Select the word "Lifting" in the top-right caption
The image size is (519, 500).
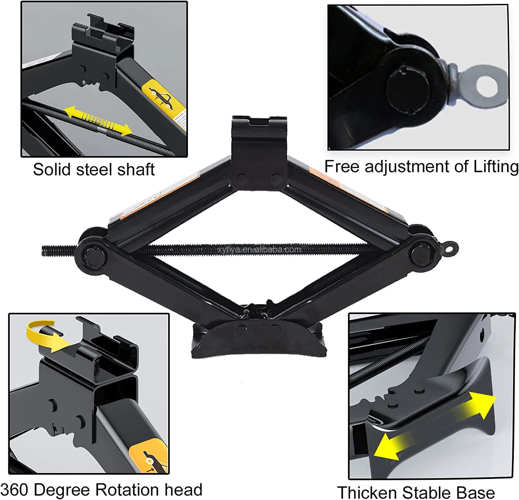pos(495,167)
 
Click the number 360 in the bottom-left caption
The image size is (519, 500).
pos(15,490)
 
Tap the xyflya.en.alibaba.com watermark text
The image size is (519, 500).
pos(259,249)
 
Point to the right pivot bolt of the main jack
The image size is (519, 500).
pos(421,254)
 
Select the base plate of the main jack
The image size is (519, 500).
pos(259,341)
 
